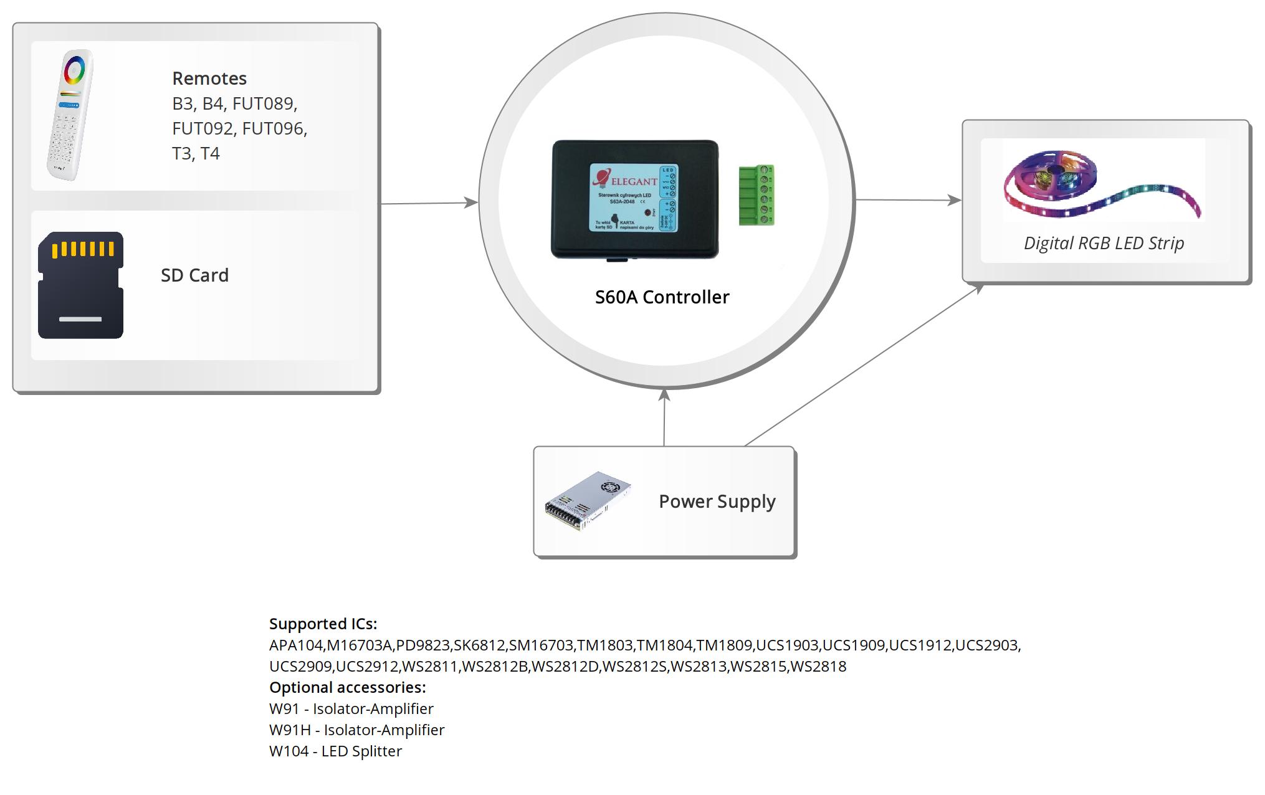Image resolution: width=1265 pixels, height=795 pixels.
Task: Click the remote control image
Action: (70, 115)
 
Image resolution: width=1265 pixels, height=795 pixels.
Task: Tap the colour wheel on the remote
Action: (74, 69)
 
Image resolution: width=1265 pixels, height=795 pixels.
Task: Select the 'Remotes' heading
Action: (209, 79)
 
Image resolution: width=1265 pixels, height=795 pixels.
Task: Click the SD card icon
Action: (80, 285)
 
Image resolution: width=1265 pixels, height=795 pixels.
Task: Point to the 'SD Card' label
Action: (194, 275)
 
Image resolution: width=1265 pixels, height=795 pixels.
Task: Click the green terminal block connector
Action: (756, 195)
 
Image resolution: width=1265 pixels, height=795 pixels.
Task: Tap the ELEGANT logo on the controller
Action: (626, 180)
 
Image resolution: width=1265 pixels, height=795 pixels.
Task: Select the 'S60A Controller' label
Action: (662, 297)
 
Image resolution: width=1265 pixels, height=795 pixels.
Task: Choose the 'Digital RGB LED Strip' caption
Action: (1104, 243)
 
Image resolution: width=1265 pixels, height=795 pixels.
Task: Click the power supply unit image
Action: (588, 501)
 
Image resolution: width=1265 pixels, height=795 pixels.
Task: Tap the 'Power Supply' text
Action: (717, 502)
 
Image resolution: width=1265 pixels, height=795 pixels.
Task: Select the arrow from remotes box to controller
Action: (429, 203)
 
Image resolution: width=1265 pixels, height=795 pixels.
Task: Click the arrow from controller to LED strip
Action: (908, 200)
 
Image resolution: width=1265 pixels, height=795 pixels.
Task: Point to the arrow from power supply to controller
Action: (664, 417)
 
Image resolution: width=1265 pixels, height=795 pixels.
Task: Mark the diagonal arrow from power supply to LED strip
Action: (863, 365)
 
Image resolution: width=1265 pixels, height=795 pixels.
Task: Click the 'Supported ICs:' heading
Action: (323, 624)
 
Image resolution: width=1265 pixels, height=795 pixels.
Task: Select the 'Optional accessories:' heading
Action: (347, 687)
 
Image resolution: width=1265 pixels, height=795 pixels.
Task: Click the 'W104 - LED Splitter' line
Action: (335, 751)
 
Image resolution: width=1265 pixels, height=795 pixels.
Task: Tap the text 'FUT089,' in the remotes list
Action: (265, 103)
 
